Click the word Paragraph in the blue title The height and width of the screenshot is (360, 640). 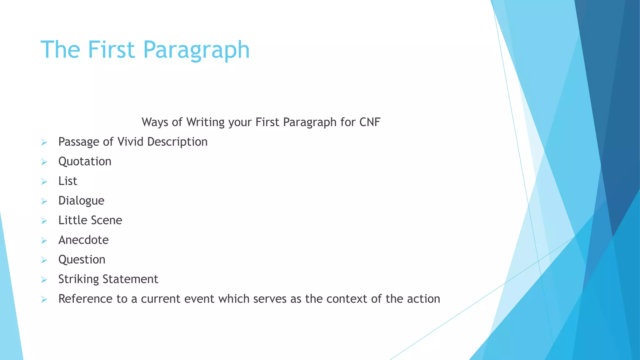[196, 50]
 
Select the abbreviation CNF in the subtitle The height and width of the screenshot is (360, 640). [370, 122]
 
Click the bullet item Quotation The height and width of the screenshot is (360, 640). [85, 162]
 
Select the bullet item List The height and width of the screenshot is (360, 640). [67, 181]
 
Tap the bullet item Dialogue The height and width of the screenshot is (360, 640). [81, 201]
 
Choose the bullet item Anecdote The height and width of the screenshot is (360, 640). [83, 240]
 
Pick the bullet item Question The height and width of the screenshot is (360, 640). [82, 260]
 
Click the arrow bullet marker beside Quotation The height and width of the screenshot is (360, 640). [44, 162]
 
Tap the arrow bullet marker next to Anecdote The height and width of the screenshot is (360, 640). [44, 241]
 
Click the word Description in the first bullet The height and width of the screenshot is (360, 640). [177, 142]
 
